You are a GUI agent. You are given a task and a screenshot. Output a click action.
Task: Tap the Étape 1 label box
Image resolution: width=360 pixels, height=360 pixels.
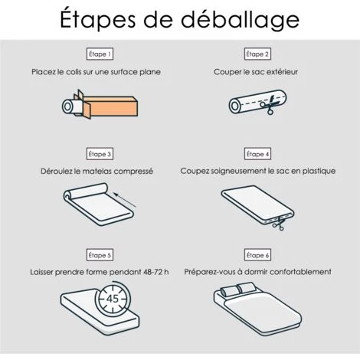tap(100, 54)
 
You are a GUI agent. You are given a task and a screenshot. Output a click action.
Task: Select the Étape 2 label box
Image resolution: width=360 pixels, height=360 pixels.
tap(257, 54)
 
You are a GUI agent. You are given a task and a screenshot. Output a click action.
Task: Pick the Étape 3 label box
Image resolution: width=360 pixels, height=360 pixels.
tap(100, 154)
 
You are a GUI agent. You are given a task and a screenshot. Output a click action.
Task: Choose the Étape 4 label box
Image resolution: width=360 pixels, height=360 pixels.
tap(257, 154)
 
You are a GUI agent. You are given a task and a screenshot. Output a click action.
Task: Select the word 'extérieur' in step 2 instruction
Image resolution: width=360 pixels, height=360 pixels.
tap(282, 72)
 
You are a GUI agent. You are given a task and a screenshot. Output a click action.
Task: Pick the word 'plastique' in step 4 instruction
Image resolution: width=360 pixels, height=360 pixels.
tap(316, 172)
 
